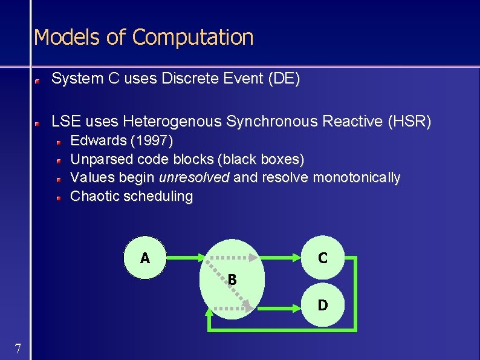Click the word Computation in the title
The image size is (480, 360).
pyautogui.click(x=192, y=38)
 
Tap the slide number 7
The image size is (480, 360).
pyautogui.click(x=18, y=349)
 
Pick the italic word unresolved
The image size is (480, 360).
pyautogui.click(x=194, y=177)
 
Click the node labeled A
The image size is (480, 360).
pyautogui.click(x=145, y=258)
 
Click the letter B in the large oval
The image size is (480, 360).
pyautogui.click(x=232, y=280)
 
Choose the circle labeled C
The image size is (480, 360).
pyautogui.click(x=323, y=258)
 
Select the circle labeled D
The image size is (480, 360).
pyautogui.click(x=323, y=305)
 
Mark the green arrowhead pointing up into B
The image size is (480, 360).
pyautogui.click(x=209, y=313)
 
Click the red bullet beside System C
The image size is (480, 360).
pyautogui.click(x=37, y=79)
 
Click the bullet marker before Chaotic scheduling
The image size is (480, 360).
pyautogui.click(x=60, y=197)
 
